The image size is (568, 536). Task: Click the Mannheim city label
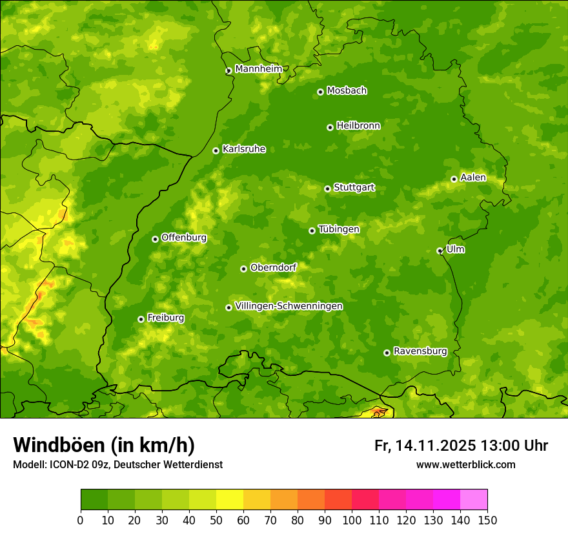tap(258, 69)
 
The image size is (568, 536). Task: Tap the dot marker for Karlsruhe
tap(216, 150)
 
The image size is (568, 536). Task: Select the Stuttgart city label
tap(354, 188)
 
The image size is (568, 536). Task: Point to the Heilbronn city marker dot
tap(330, 127)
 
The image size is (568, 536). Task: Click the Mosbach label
tap(347, 91)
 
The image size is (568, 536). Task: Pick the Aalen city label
tap(473, 178)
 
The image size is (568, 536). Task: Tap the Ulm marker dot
tap(440, 251)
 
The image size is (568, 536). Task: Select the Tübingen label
tap(339, 229)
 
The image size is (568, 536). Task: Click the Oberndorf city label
tap(274, 267)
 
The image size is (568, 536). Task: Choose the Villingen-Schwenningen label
tap(289, 306)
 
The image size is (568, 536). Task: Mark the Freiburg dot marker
tap(141, 319)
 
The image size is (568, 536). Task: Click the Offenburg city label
tap(184, 238)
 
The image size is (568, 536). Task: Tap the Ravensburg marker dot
tap(387, 353)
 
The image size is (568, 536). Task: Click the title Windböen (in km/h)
tap(103, 446)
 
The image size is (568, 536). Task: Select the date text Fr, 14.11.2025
tap(425, 446)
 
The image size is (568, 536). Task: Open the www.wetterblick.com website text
tap(465, 464)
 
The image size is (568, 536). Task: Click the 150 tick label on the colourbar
tap(487, 521)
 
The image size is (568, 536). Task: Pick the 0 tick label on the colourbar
tap(81, 521)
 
